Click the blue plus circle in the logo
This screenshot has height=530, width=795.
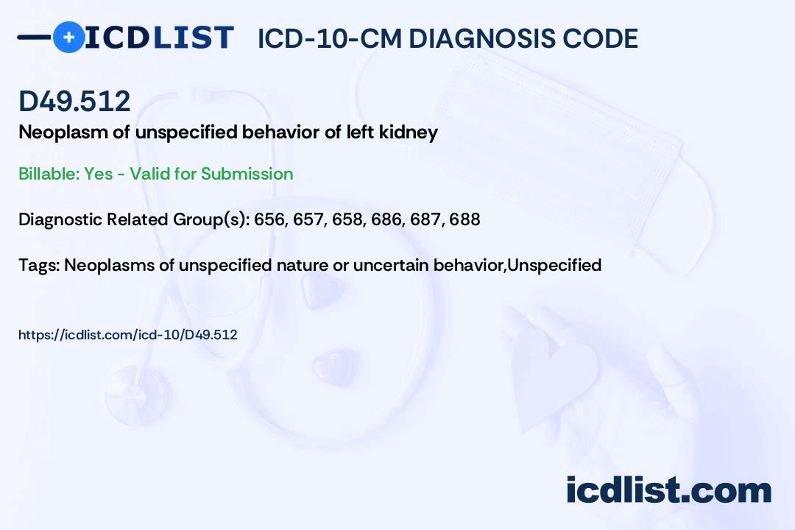point(68,37)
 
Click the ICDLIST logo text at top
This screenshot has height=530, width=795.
point(159,38)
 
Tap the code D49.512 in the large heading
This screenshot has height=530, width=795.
point(74,102)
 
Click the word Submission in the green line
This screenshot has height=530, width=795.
point(247,174)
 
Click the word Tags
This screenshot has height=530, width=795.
point(37,264)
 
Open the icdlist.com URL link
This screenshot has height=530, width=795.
point(127,335)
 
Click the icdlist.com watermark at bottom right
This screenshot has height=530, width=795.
point(668,490)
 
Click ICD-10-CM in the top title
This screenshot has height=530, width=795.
point(329,38)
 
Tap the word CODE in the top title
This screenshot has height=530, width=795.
point(606,38)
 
